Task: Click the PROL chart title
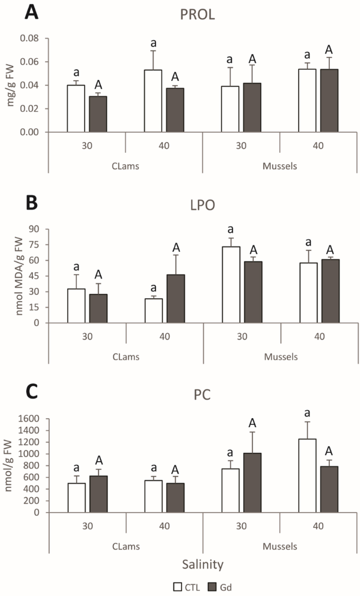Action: [x=197, y=14]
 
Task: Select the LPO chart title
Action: [x=202, y=205]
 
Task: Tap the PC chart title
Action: [x=202, y=395]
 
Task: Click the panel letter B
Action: [x=32, y=203]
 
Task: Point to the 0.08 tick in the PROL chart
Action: [x=29, y=38]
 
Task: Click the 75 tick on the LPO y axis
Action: [x=34, y=245]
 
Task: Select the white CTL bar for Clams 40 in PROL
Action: [x=153, y=101]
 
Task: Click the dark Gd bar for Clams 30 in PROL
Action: [x=98, y=114]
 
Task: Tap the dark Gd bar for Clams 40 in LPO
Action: [x=176, y=299]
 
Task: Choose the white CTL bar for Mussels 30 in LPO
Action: [x=231, y=284]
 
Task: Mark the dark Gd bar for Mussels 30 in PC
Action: [x=252, y=483]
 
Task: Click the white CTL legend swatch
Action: [x=178, y=587]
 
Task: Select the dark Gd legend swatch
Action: [x=212, y=587]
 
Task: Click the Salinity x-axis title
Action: [x=203, y=565]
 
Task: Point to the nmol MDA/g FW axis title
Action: [x=19, y=276]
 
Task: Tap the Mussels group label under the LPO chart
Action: [x=281, y=357]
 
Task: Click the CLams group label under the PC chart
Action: [x=126, y=546]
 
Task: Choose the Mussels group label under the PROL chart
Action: [x=280, y=166]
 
